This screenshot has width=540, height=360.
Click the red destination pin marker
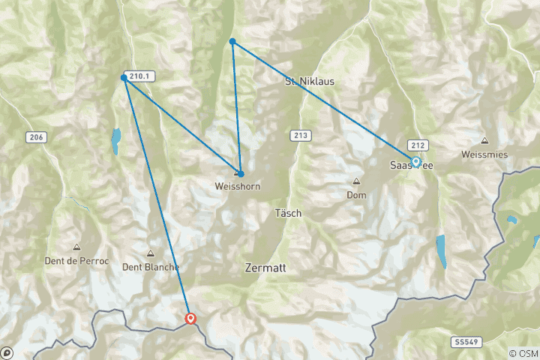(x=190, y=319)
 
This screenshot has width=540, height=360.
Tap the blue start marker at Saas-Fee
(x=415, y=161)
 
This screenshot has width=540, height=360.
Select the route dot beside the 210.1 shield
(x=124, y=77)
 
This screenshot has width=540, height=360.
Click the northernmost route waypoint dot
(x=232, y=41)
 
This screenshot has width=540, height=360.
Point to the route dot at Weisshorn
(x=240, y=173)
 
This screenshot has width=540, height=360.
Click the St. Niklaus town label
(x=309, y=81)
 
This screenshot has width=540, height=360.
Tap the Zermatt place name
(x=265, y=267)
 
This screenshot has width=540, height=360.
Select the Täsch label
(x=287, y=213)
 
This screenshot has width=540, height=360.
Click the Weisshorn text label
(x=237, y=186)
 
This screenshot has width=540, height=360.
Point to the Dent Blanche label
(x=151, y=266)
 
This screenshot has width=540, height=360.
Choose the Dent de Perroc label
(x=76, y=260)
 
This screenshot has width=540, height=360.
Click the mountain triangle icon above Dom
(x=356, y=181)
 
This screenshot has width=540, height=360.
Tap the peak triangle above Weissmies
(x=485, y=140)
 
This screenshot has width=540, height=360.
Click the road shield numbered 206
(x=35, y=136)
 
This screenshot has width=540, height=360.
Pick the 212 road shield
(x=418, y=144)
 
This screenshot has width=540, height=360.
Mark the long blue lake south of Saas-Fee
(x=441, y=251)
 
